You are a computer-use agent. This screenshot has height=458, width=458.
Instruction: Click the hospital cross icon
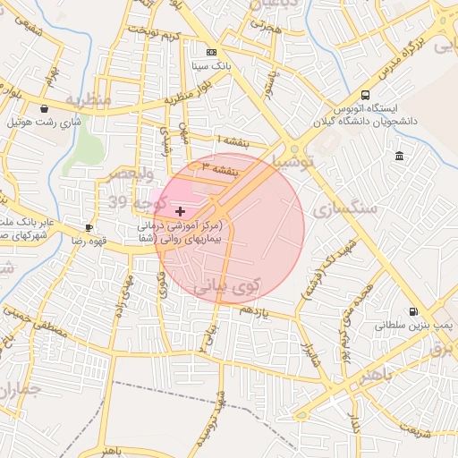coord(181,211)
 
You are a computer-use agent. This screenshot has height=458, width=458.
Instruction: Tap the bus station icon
coord(365,95)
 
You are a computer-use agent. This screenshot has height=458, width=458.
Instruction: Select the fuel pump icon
coord(412,312)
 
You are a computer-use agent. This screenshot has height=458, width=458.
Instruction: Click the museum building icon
coord(398,157)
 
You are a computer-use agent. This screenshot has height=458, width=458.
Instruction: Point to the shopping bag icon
coord(44,108)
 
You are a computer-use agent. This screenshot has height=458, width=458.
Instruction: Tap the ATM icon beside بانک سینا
coord(211,53)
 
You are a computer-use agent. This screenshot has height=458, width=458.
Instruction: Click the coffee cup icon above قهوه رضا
coord(89,227)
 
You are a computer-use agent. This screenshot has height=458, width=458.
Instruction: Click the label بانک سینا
coord(211,67)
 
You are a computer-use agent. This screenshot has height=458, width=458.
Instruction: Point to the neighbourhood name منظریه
coord(88,98)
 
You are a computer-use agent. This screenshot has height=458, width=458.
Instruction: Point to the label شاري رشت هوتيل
coord(45,122)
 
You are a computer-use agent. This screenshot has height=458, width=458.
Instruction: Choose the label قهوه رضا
coord(89,242)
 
